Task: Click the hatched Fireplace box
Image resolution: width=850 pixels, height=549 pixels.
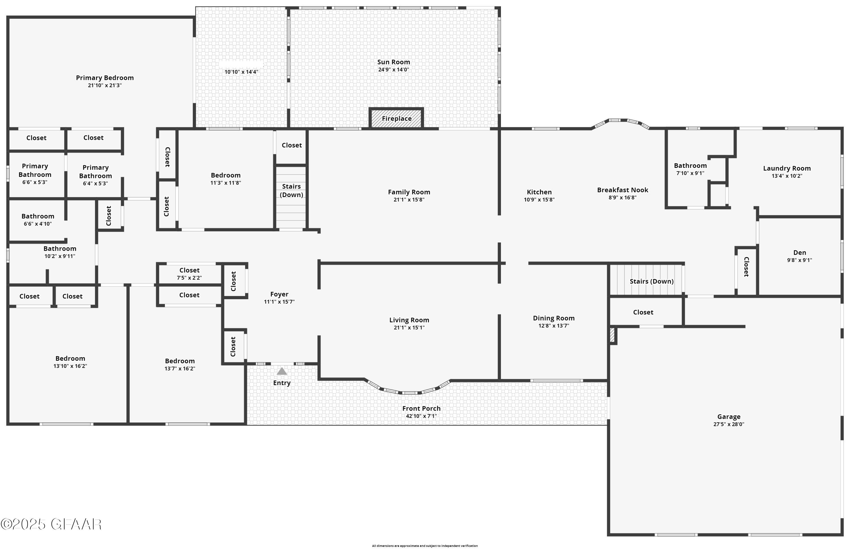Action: (x=396, y=118)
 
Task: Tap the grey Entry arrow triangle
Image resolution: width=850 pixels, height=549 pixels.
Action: (x=282, y=371)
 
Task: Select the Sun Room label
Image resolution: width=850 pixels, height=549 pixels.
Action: (x=394, y=62)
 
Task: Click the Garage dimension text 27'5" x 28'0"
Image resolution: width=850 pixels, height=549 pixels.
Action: (x=728, y=424)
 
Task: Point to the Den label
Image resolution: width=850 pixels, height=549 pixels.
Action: (x=800, y=252)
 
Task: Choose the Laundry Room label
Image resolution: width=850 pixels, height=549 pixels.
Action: (x=787, y=168)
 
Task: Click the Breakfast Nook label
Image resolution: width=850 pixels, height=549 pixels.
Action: (x=622, y=190)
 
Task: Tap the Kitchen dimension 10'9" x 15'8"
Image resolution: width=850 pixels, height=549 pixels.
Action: (x=539, y=200)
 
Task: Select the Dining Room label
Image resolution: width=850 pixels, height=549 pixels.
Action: (x=553, y=318)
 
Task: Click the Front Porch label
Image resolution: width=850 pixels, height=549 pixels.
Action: (x=421, y=408)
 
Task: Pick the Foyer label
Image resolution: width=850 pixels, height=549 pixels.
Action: (x=279, y=294)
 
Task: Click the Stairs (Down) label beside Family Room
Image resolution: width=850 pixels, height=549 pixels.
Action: (x=291, y=190)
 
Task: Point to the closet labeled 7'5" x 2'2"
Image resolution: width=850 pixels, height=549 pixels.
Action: (x=189, y=274)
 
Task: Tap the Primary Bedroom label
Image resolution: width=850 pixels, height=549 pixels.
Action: (x=105, y=78)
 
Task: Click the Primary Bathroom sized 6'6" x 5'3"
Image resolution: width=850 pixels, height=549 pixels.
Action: (x=35, y=174)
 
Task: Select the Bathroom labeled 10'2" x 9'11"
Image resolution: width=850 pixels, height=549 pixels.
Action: (x=60, y=252)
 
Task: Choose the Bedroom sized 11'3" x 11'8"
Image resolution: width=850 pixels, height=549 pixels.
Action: (x=226, y=179)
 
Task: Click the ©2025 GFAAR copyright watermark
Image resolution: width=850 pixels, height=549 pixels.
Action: (x=51, y=524)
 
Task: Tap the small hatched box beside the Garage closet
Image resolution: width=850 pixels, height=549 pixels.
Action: (x=612, y=335)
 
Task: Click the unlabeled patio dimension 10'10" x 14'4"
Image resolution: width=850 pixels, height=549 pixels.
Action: (x=241, y=72)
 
